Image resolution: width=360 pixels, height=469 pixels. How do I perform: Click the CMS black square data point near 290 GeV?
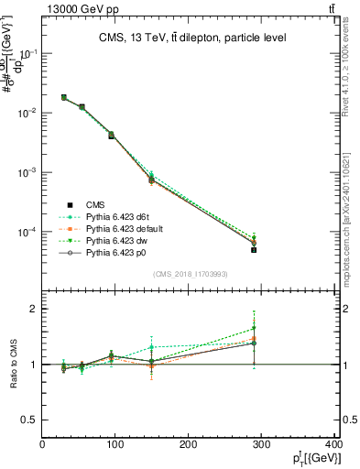coord(254,249)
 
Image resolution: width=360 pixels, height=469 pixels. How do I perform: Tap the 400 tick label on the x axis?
coord(333,446)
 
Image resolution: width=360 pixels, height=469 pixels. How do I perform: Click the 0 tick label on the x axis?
coord(43,446)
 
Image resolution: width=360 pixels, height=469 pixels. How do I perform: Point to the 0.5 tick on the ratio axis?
coord(30,420)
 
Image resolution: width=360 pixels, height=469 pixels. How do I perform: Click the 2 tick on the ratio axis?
coord(34,309)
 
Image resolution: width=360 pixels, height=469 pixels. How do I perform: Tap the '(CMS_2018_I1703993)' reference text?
coord(190,274)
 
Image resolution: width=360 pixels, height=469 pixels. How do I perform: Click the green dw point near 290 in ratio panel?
coord(254,327)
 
